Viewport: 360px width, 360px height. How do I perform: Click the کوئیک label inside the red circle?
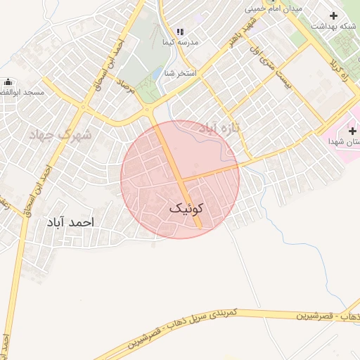[x=186, y=209]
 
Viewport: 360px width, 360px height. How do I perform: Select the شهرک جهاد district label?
[x=60, y=133]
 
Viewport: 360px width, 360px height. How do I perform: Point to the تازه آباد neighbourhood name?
[x=219, y=127]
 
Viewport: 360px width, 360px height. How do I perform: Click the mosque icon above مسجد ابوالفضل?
[x=8, y=82]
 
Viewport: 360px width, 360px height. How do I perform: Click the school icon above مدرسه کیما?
[x=180, y=32]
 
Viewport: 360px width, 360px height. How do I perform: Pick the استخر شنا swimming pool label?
[x=181, y=73]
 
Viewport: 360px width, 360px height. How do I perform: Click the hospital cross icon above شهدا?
[x=352, y=131]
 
